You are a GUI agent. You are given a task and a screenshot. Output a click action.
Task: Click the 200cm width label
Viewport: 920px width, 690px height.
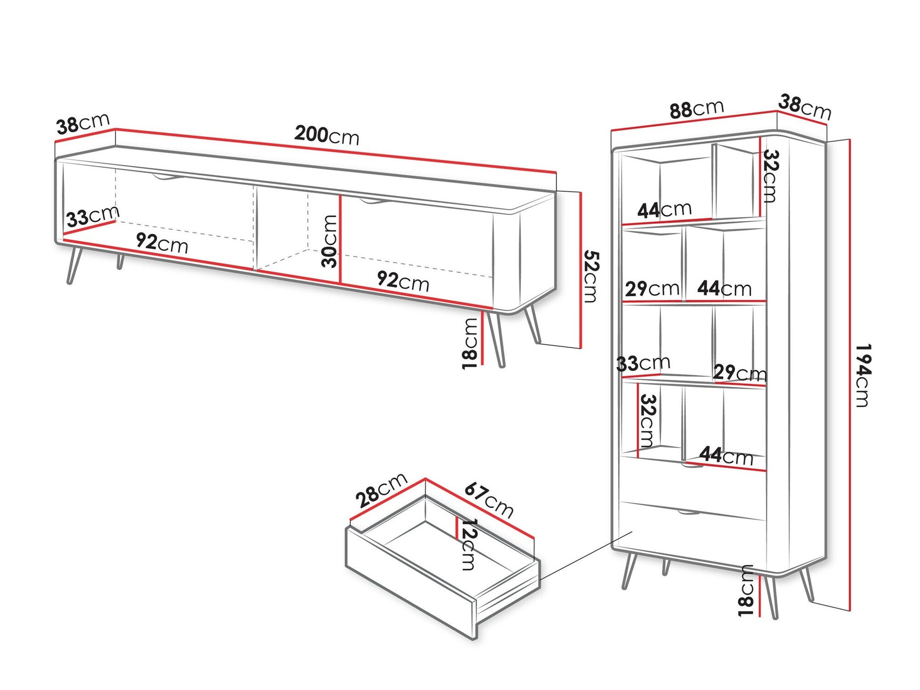(327, 135)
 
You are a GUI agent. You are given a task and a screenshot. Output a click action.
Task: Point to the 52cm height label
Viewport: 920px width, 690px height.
(591, 277)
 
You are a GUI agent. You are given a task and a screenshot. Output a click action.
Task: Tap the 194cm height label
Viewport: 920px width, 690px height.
(862, 375)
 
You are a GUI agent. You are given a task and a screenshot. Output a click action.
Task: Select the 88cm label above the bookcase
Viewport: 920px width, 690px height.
(696, 109)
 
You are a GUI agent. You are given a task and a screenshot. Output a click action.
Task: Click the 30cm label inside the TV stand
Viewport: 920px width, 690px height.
(330, 241)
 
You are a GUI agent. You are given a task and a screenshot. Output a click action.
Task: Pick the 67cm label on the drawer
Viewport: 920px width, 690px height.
(489, 500)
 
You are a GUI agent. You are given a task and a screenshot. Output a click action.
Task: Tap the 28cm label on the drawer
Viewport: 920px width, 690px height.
(381, 490)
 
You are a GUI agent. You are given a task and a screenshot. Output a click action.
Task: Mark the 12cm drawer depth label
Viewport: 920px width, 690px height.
(468, 545)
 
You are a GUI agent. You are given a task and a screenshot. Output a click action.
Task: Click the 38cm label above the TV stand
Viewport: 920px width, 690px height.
(83, 124)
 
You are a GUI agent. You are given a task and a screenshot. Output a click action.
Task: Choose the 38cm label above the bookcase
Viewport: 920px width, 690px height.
(804, 107)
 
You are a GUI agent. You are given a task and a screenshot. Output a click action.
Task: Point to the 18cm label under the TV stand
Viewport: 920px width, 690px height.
(470, 343)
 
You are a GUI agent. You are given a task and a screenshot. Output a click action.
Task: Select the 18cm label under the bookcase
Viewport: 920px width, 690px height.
(747, 590)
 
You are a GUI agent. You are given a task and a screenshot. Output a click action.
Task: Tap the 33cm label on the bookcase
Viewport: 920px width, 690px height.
(643, 363)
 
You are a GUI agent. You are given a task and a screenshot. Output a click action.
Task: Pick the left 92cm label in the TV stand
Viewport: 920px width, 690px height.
(162, 243)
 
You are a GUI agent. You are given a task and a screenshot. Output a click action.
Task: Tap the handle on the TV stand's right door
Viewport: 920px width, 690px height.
(372, 201)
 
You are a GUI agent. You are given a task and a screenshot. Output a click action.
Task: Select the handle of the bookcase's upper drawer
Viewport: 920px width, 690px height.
(692, 467)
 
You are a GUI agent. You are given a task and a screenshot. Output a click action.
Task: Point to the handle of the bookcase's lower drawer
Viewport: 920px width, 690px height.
(689, 513)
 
